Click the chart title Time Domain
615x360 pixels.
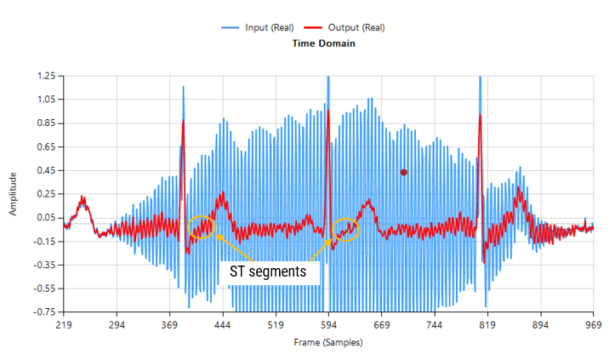[323, 43]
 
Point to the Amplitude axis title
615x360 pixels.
[13, 194]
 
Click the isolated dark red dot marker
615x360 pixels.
[404, 172]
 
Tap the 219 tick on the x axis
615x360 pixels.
[62, 325]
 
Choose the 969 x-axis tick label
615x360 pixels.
[593, 325]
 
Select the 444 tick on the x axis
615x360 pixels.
[222, 325]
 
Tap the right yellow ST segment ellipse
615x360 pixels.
[345, 228]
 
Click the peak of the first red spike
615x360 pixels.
[183, 122]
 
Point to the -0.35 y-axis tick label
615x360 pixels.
[44, 265]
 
